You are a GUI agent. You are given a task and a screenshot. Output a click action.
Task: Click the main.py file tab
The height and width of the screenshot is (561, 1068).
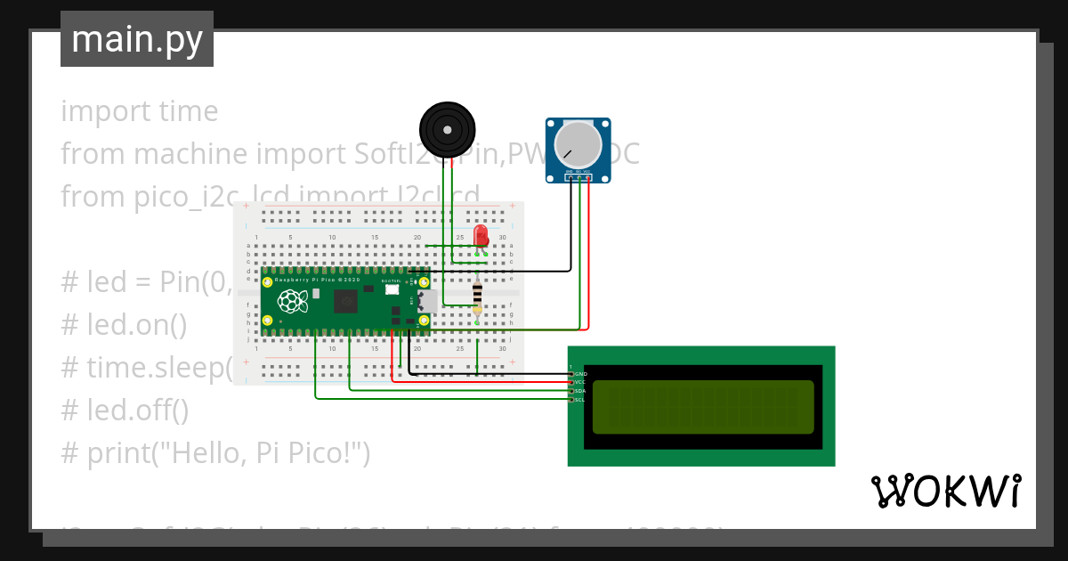pos(136,39)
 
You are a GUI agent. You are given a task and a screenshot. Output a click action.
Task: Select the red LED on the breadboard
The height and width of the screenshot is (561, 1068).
pos(481,236)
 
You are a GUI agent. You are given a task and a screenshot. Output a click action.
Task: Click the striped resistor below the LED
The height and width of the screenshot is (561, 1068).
pos(478,293)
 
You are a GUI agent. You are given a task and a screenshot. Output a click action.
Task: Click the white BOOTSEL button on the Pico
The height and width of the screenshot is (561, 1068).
pos(392,289)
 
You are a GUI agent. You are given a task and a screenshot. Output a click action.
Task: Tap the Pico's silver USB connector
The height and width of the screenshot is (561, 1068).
pos(427,301)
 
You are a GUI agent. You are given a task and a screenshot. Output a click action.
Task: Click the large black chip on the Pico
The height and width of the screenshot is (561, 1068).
pos(345,301)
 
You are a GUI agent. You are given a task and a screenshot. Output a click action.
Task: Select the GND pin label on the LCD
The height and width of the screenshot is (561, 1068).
pos(580,374)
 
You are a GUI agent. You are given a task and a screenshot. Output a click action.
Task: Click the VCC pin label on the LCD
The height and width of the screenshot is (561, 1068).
pos(580,382)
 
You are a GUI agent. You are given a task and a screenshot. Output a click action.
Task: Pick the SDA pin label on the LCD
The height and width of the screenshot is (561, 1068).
pos(580,391)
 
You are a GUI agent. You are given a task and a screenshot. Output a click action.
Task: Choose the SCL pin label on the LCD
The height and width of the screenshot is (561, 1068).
pos(580,400)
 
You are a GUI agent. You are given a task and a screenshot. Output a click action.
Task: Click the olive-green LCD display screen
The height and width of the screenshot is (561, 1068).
pos(703,407)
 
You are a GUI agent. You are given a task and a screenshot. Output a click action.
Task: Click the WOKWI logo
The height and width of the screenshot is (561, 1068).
pos(945,492)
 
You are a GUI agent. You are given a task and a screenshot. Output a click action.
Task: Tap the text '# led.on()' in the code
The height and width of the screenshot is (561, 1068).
pos(124,325)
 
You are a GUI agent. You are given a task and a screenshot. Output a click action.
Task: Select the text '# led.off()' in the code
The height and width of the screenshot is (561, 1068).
pos(125,411)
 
